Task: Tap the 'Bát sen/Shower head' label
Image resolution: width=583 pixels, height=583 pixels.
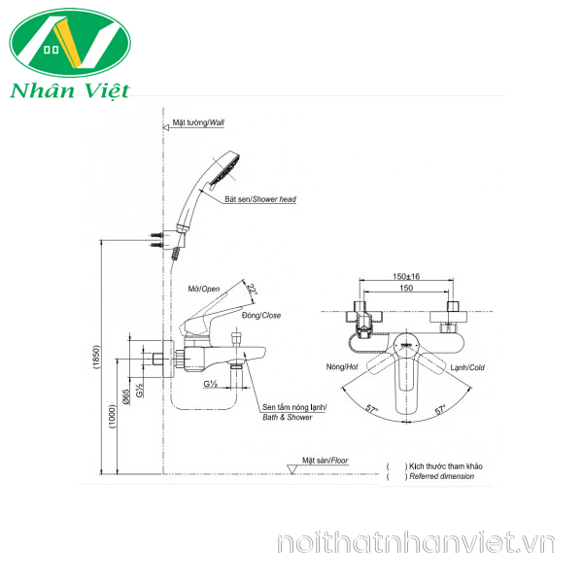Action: (260, 198)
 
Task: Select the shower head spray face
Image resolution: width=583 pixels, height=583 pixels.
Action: (229, 171)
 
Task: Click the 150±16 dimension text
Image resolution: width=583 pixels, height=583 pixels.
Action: (407, 277)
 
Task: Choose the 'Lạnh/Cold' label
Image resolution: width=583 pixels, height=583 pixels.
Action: (468, 368)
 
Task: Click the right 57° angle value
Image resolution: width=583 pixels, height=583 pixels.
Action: (439, 409)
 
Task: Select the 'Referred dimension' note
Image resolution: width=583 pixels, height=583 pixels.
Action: (442, 477)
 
